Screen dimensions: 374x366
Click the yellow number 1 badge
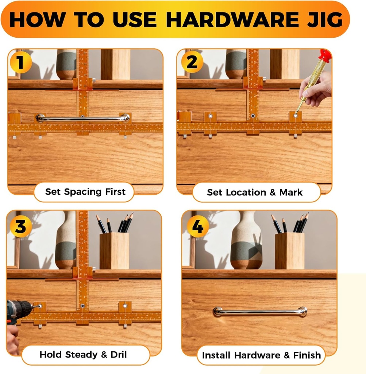coord(20,62)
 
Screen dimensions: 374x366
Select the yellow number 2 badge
coord(192,62)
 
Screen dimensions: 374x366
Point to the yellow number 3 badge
coord(20,226)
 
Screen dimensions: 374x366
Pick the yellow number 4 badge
coord(197,226)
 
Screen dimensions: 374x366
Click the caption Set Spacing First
coord(85,192)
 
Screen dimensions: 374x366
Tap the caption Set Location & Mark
coord(255,192)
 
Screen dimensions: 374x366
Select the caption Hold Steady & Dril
coord(83,354)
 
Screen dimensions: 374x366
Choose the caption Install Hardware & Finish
coord(261,355)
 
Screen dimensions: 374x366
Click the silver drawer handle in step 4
coord(260,312)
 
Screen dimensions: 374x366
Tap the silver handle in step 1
coord(83,118)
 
